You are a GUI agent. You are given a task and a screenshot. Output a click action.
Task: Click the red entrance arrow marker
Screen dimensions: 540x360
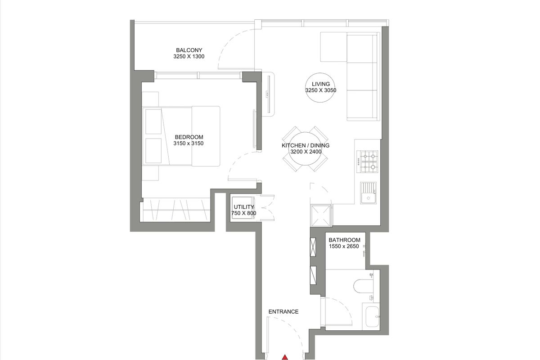(285, 357)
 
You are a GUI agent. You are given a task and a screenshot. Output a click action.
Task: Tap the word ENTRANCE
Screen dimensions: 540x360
(283, 312)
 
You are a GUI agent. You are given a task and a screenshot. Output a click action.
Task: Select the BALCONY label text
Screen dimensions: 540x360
(189, 50)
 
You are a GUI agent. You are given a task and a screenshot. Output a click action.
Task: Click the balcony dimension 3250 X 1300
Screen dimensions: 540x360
(189, 56)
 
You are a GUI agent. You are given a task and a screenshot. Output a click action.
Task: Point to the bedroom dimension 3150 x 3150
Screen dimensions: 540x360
(189, 144)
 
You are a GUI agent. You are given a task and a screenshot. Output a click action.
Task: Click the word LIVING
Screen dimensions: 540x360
(320, 84)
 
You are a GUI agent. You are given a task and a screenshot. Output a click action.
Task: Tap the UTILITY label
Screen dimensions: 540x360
(244, 207)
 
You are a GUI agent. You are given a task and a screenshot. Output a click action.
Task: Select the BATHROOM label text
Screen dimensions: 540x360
(345, 240)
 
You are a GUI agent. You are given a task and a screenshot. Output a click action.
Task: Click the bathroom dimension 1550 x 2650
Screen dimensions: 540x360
(344, 246)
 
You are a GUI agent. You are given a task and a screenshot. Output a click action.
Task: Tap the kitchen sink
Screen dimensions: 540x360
(369, 193)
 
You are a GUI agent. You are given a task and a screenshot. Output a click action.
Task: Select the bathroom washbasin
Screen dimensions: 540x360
(371, 316)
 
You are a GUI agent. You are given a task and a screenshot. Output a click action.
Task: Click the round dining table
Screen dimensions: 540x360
(305, 149)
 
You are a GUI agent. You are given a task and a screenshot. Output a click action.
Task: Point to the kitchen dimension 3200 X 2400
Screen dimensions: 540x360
(306, 152)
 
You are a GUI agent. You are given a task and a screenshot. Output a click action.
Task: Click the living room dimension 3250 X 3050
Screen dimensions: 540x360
(320, 90)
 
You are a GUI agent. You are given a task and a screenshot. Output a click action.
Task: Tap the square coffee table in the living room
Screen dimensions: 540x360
(333, 47)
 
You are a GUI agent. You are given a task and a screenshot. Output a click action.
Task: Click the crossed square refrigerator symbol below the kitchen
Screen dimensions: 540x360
(320, 216)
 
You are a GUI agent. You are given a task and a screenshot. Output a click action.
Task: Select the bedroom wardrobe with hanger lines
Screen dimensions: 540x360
(176, 210)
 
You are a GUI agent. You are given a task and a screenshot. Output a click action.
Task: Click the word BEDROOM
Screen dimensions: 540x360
(189, 137)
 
